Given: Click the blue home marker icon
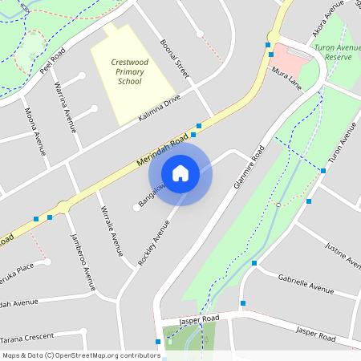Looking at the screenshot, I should click(x=180, y=173).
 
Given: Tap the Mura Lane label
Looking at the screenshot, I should click(x=286, y=77).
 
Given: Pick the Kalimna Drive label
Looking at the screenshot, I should click(x=160, y=107).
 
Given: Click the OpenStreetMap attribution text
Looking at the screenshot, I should click(x=81, y=355).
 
